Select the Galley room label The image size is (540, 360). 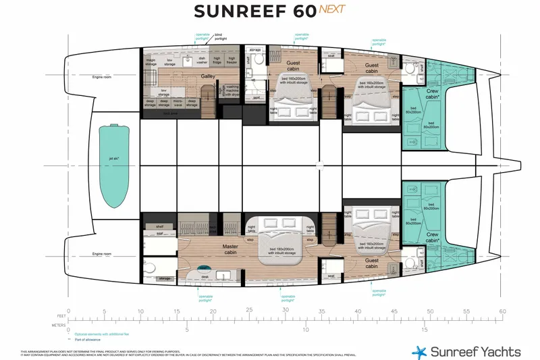(209, 77)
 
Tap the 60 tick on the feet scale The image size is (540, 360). (502, 311)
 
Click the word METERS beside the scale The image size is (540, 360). (58, 324)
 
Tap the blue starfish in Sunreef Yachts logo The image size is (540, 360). (421, 351)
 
